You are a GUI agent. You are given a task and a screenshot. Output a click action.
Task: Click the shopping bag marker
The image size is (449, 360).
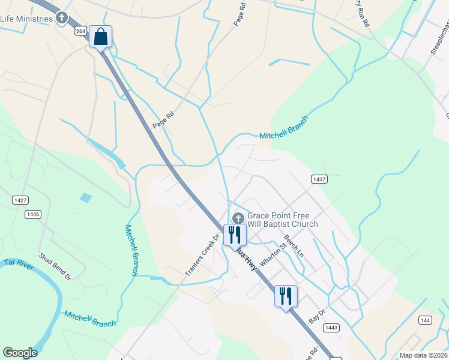100,37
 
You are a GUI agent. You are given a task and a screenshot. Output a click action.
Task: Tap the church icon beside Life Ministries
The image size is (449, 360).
62,18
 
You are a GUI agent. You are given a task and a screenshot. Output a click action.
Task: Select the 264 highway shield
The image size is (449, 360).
82,31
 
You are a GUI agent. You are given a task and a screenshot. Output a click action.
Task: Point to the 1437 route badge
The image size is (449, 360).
319,179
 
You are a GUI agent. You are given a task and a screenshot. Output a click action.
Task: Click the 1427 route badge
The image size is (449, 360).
20,200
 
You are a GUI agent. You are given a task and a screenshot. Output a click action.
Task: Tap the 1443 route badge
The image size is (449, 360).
331,327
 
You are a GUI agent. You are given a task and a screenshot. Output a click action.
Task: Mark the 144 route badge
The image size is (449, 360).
425,320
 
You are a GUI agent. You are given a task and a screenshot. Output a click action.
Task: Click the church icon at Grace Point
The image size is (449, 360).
238,218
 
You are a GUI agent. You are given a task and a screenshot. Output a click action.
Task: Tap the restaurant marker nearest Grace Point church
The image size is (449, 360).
234,234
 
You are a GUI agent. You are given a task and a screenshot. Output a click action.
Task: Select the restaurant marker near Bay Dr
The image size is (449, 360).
286,295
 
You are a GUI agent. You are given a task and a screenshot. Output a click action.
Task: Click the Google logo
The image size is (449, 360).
20,353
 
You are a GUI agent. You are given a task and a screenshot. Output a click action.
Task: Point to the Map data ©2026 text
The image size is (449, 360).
423,355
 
